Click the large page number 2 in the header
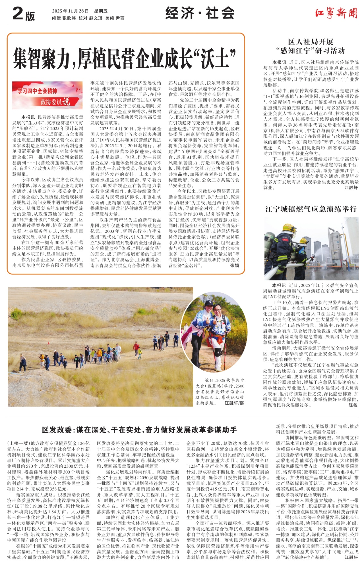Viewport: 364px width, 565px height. pyautogui.click(x=18, y=14)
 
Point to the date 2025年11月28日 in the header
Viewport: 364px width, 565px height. pyautogui.click(x=70, y=11)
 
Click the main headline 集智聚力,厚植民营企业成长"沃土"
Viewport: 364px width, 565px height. pyautogui.click(x=125, y=58)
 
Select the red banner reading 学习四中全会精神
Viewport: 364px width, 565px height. pyautogui.click(x=37, y=91)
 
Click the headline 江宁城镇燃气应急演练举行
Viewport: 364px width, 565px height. pyautogui.click(x=311, y=209)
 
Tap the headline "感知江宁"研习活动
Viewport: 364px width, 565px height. pyautogui.click(x=311, y=51)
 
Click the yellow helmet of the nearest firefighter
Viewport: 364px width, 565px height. pyautogui.click(x=289, y=228)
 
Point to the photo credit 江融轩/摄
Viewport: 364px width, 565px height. pyautogui.click(x=234, y=403)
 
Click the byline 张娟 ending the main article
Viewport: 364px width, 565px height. pyautogui.click(x=234, y=265)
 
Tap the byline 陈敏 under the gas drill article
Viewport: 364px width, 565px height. pyautogui.click(x=353, y=405)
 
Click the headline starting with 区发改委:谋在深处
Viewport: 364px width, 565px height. pyautogui.click(x=139, y=430)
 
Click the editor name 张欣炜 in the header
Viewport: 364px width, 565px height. pyautogui.click(x=69, y=18)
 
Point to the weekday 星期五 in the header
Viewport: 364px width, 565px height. pyautogui.click(x=101, y=11)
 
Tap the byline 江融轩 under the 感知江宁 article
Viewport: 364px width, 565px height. pyautogui.click(x=351, y=188)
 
